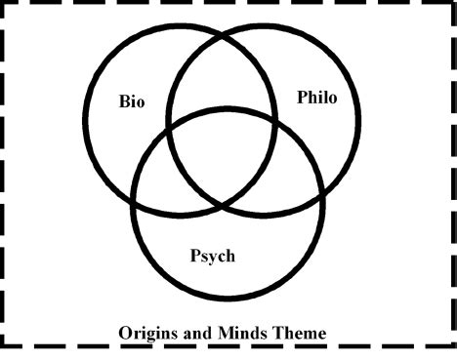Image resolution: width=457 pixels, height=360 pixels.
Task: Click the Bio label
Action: point(131,100)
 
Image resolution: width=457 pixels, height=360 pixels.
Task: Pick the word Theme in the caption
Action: point(299,333)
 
